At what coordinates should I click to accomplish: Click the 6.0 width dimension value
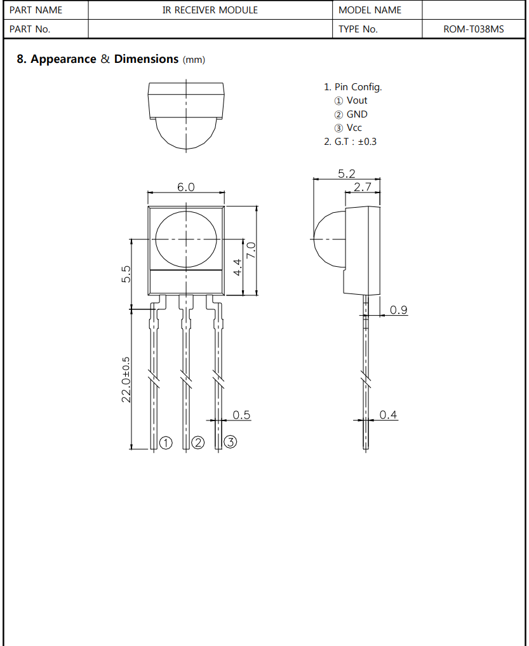[186, 187]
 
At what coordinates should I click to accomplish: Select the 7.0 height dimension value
[251, 250]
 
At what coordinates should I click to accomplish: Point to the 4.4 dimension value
[238, 267]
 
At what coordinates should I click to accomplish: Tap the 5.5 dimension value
[126, 274]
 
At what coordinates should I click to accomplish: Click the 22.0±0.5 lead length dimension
[126, 379]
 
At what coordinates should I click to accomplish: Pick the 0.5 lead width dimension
[241, 415]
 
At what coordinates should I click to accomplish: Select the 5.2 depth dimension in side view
[347, 173]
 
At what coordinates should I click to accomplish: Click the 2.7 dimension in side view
[363, 187]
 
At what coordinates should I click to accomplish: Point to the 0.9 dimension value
[398, 310]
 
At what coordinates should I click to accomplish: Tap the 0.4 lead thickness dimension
[388, 415]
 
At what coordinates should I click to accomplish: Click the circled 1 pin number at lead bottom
[166, 443]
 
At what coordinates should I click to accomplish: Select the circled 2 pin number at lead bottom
[198, 443]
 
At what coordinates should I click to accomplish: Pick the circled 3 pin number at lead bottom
[231, 442]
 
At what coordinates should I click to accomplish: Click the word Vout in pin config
[357, 100]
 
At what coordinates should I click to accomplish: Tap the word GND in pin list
[357, 114]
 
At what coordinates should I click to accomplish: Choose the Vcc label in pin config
[354, 128]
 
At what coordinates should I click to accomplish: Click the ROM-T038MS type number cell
[473, 29]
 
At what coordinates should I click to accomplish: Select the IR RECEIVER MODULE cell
[210, 10]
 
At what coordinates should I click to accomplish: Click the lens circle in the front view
[156, 239]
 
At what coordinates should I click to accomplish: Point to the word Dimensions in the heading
[146, 59]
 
